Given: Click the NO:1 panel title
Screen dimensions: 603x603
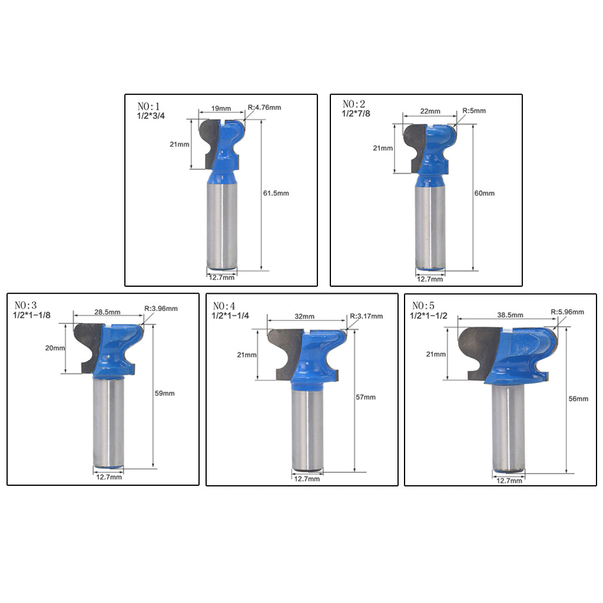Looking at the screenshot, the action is tap(148, 106).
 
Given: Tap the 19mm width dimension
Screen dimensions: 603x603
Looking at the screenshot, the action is tap(221, 108).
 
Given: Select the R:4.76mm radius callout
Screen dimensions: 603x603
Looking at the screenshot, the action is tap(264, 107).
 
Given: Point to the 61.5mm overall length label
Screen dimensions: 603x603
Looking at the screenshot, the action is tap(276, 193).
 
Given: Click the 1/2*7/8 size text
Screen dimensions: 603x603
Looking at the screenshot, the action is tap(356, 114).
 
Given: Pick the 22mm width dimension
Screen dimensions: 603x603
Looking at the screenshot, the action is tap(430, 111).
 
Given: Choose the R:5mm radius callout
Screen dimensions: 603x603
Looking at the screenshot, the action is tap(474, 111).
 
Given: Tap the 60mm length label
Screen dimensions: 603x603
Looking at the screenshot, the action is tap(484, 193).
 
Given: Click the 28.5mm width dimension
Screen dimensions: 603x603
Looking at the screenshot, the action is tap(107, 312).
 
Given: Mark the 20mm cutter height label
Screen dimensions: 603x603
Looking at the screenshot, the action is tap(55, 348).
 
